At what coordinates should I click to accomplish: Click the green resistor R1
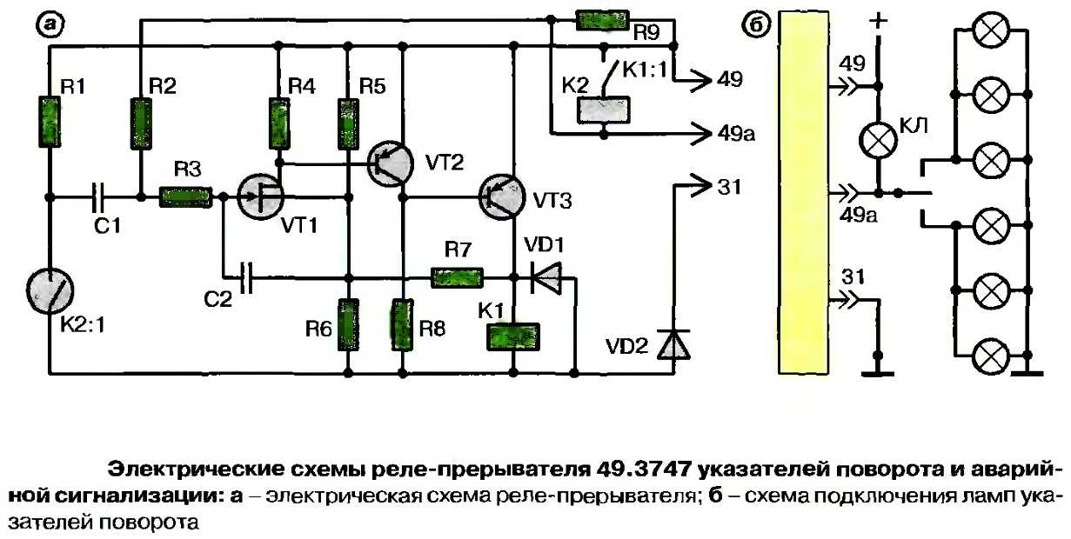click(x=50, y=122)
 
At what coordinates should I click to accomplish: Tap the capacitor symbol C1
click(x=100, y=198)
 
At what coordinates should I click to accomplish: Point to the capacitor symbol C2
click(x=248, y=278)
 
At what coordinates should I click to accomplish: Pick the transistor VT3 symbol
click(x=503, y=198)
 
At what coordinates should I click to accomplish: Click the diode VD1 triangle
click(x=544, y=278)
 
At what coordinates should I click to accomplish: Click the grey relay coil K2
click(x=602, y=108)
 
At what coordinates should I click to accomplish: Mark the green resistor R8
click(x=402, y=323)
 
